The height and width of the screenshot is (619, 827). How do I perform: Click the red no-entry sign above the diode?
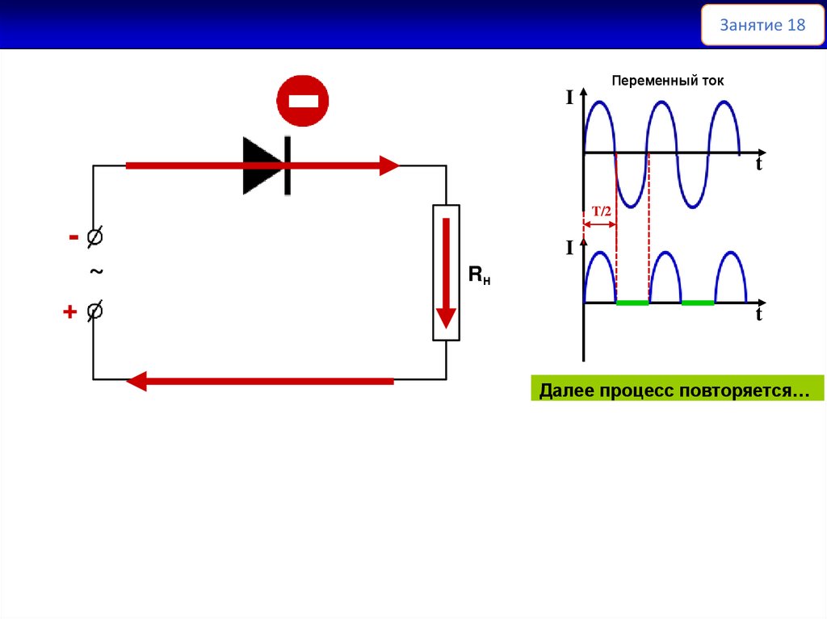(x=303, y=101)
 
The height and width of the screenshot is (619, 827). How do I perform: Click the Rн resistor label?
(x=480, y=276)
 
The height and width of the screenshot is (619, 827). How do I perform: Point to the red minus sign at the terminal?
(x=73, y=237)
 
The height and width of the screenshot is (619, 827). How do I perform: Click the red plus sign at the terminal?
(x=70, y=312)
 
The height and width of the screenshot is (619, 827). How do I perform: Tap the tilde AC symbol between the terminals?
(x=96, y=273)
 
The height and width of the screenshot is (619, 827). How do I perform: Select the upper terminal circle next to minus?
(x=94, y=237)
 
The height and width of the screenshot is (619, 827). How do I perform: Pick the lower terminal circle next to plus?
(x=94, y=311)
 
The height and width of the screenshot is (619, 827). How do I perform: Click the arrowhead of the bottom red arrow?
(x=136, y=381)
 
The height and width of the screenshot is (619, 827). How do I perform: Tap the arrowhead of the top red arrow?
(x=390, y=166)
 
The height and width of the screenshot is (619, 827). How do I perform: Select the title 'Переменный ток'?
(x=668, y=81)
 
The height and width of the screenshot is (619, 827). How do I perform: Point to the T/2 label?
(x=602, y=211)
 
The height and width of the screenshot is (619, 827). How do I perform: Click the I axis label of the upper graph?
(x=569, y=98)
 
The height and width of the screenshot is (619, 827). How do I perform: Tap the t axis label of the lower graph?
(x=759, y=316)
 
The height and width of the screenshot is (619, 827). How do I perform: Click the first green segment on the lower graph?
(x=632, y=303)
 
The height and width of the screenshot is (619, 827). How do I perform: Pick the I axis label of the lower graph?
(x=569, y=248)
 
